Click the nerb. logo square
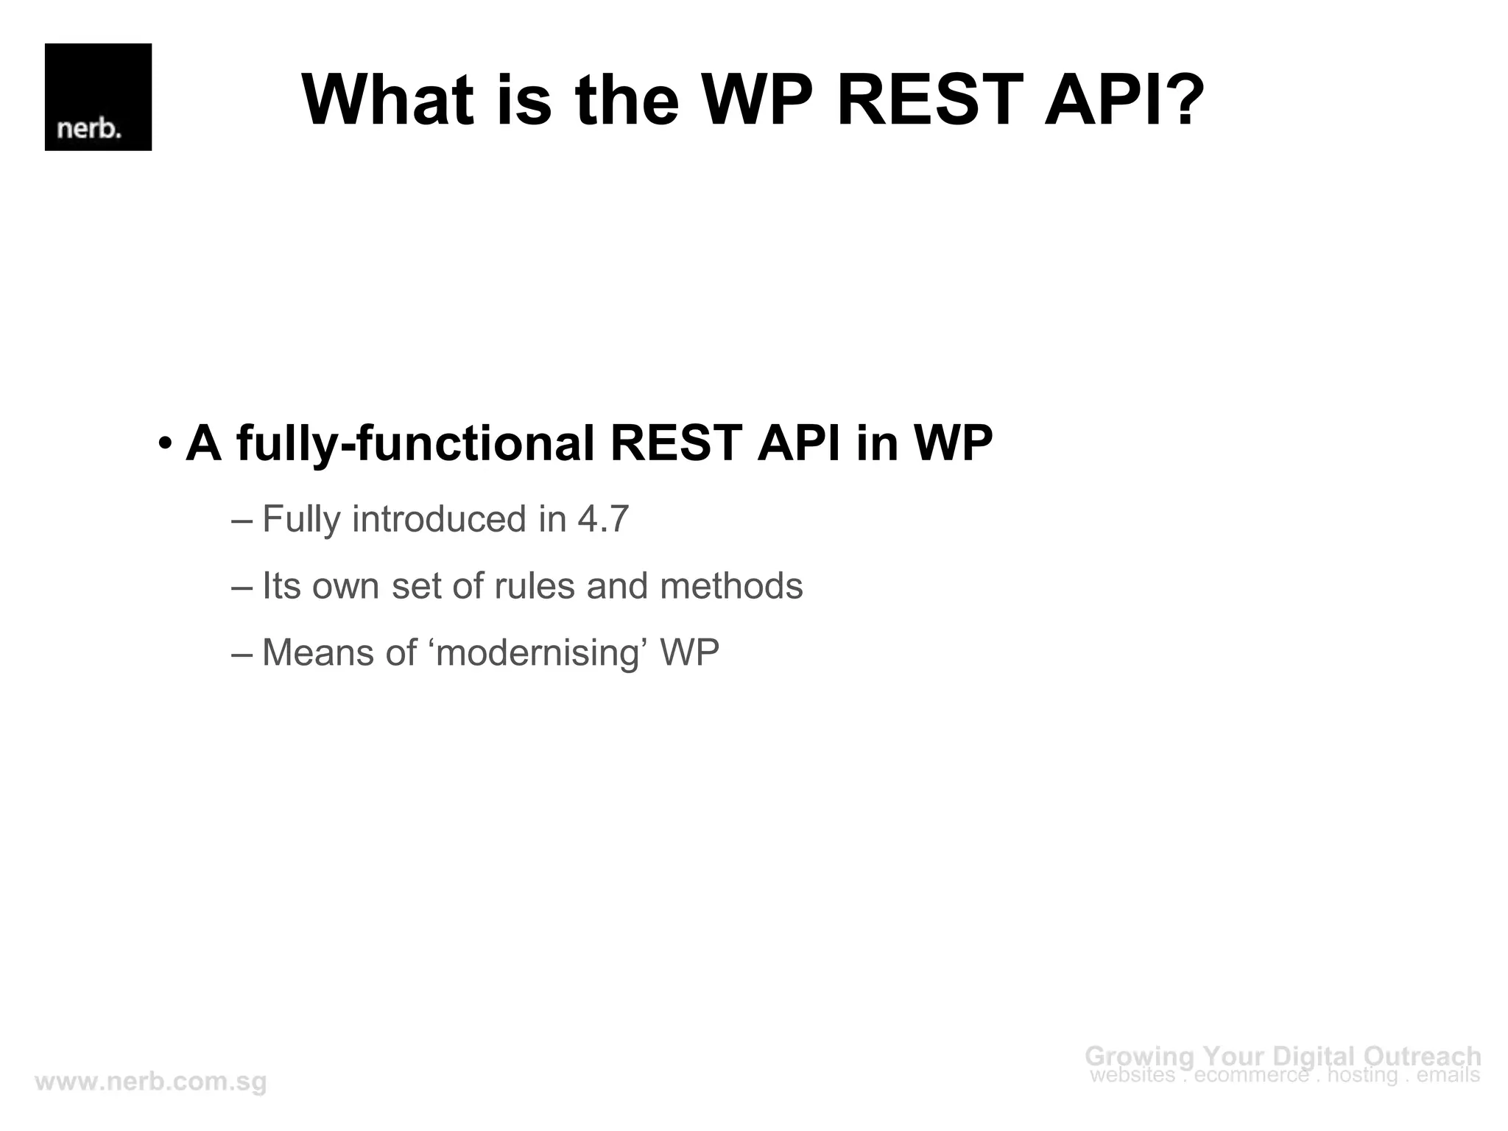point(98,97)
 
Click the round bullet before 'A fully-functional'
point(165,445)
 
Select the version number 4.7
point(603,519)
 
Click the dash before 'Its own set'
point(242,587)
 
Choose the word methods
point(730,587)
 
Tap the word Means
point(318,653)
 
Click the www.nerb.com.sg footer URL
point(151,1082)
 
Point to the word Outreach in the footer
point(1422,1056)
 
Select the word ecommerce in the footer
point(1251,1076)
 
